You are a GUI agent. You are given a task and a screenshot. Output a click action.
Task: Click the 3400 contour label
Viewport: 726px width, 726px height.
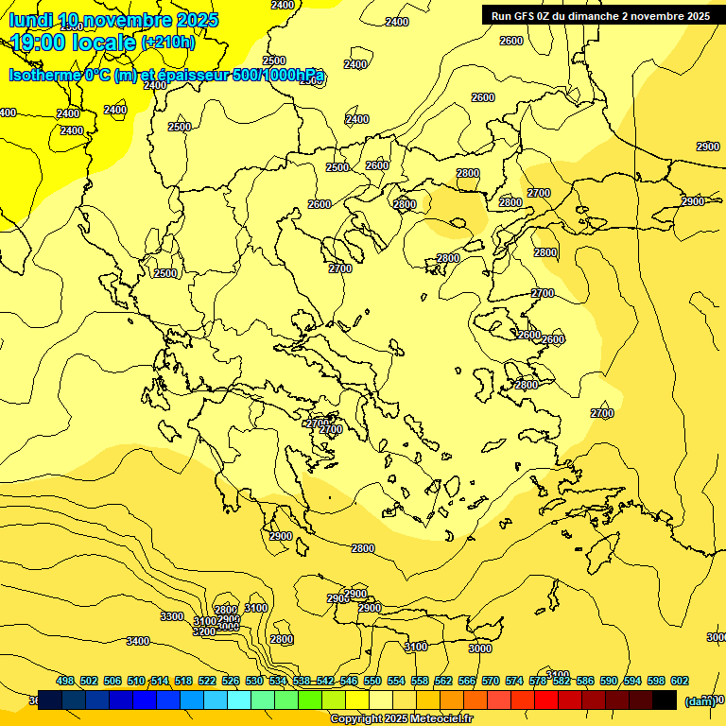(x=138, y=642)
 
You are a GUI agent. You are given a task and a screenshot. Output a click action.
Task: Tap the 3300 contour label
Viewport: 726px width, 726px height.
(x=172, y=616)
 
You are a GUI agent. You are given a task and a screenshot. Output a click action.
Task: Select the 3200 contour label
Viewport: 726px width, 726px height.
(x=204, y=631)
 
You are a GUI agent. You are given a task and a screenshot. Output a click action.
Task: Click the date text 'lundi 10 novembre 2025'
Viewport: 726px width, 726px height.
(x=113, y=20)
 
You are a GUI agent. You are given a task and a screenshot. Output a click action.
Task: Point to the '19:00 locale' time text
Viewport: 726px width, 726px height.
(x=74, y=43)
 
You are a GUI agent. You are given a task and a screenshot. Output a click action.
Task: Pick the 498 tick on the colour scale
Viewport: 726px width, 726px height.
(x=65, y=681)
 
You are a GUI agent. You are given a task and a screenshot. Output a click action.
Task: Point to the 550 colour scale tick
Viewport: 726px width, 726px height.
(x=372, y=681)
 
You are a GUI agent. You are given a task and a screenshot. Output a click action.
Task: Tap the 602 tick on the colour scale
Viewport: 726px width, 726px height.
(x=679, y=681)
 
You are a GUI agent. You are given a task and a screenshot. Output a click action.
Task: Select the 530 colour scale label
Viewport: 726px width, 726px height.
(x=254, y=681)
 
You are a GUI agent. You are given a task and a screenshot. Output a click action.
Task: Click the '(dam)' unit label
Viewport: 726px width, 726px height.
(x=700, y=700)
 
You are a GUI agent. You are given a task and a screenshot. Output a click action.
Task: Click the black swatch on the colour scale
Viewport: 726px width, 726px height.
(x=665, y=700)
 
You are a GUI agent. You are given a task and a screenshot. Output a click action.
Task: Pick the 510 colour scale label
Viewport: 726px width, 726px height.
(x=136, y=681)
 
